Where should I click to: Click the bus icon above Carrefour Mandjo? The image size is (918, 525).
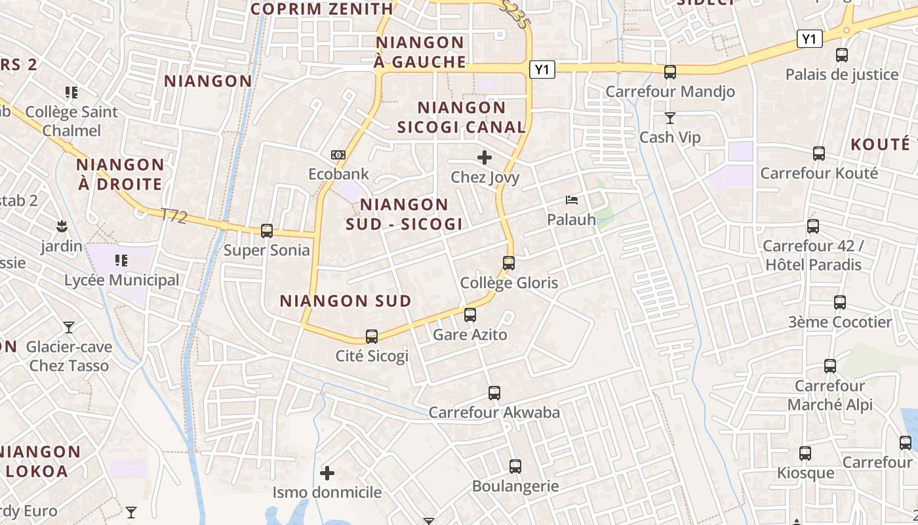(x=669, y=72)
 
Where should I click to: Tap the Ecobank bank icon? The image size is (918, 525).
(x=338, y=155)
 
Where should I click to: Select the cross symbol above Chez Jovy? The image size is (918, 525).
(x=485, y=157)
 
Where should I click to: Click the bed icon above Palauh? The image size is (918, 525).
(x=572, y=199)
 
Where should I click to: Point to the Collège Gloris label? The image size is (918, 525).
(x=509, y=283)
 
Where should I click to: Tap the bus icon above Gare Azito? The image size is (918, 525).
(x=470, y=315)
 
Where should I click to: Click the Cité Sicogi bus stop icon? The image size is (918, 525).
(x=372, y=337)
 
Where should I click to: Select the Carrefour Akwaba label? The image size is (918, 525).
(x=494, y=412)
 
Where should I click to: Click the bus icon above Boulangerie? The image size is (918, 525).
(x=515, y=467)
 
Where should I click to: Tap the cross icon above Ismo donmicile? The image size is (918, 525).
(x=327, y=472)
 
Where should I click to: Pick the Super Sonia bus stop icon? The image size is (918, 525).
(x=267, y=231)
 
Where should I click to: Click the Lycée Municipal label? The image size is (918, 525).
(x=121, y=280)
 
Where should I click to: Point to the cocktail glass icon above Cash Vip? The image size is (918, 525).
(x=669, y=118)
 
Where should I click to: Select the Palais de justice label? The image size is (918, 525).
(x=841, y=74)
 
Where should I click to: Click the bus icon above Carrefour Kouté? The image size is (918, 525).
(x=819, y=154)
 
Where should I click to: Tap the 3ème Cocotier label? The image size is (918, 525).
(x=839, y=322)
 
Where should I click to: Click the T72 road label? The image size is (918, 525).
(x=174, y=215)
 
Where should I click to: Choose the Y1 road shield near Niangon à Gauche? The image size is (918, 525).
(x=542, y=70)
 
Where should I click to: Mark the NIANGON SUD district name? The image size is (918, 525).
(x=346, y=301)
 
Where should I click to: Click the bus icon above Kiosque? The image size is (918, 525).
(x=805, y=453)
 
